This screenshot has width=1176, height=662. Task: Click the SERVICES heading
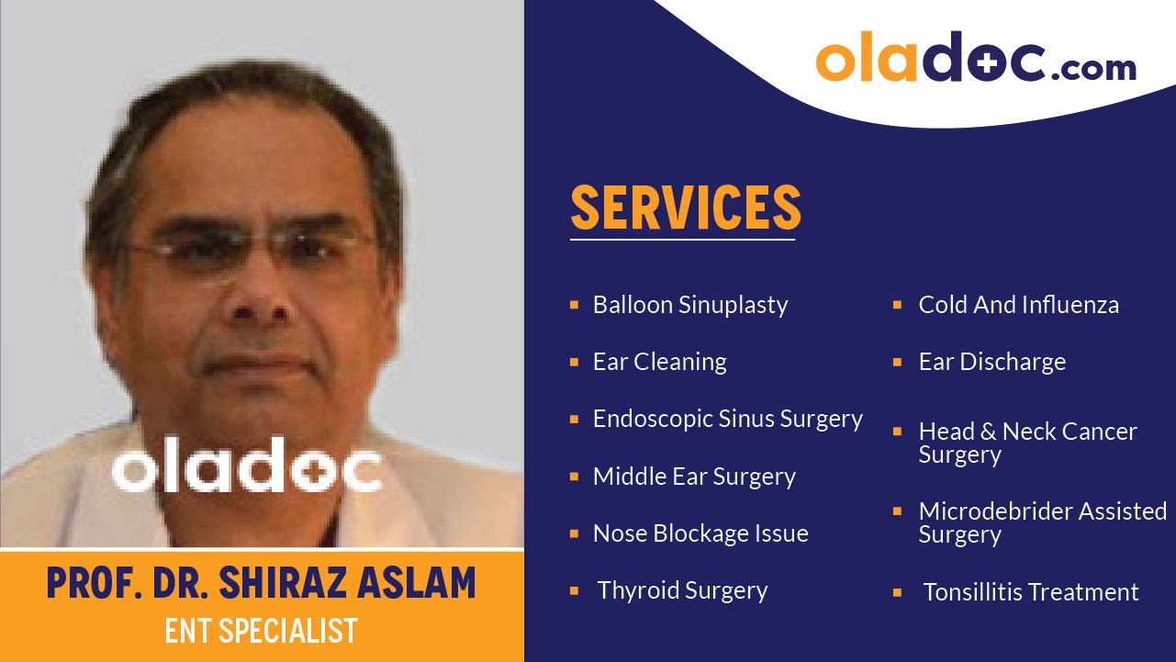pos(685,208)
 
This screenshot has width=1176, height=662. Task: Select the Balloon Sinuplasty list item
pos(689,305)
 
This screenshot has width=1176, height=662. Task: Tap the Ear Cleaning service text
pos(659,362)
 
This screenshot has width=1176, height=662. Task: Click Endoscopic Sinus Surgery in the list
pos(727,419)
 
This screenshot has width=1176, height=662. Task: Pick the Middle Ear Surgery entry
pos(693,477)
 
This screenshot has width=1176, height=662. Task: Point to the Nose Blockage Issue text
pos(700,533)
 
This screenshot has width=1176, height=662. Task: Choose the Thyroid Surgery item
pos(682,590)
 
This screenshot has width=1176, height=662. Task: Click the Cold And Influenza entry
pos(1018,305)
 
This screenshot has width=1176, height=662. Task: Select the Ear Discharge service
pos(991,362)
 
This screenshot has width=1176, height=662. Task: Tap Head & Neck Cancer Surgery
pos(1026,442)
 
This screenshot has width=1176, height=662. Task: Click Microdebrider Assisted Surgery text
pos(1042,522)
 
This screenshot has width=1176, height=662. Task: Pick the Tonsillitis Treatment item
pos(1030,592)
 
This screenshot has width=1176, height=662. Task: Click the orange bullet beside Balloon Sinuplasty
pos(574,304)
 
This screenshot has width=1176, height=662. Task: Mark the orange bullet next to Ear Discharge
pos(897,362)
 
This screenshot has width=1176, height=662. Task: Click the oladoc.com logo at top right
pos(975,60)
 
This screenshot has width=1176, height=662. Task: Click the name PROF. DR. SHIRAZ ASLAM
pos(262,584)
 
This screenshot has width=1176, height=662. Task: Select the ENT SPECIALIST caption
pos(262,631)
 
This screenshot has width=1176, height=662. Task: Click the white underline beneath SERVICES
pos(681,240)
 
